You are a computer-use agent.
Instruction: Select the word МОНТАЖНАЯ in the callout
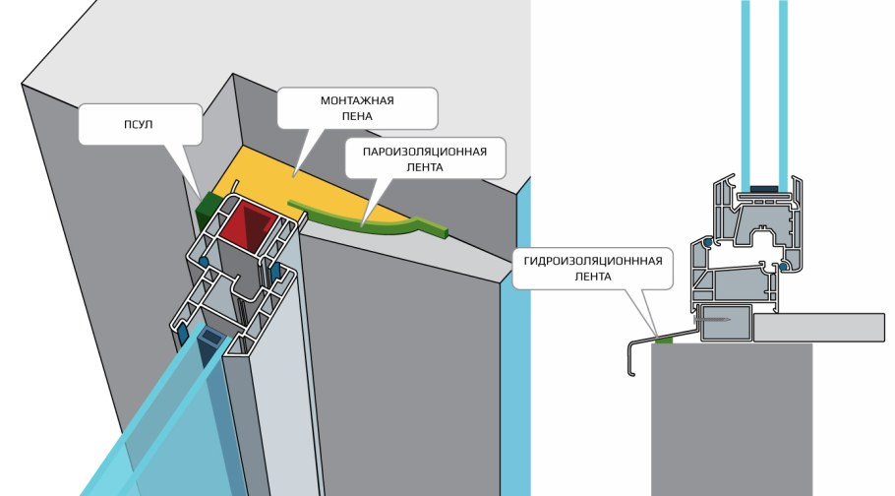(x=357, y=101)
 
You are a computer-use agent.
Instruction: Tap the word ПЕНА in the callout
(x=357, y=116)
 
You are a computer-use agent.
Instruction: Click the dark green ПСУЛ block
(x=209, y=207)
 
